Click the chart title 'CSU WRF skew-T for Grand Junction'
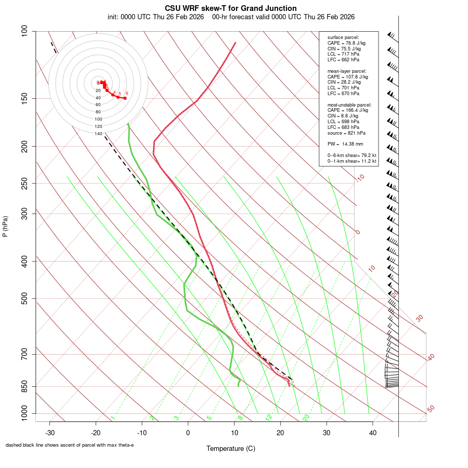click(231, 8)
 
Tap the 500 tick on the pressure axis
click(24, 298)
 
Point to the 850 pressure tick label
click(24, 386)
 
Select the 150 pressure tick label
click(24, 98)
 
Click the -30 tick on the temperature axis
click(50, 433)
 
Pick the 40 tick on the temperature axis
click(372, 433)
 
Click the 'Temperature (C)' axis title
click(231, 448)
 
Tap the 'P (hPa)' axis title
click(5, 227)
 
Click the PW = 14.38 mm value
click(345, 144)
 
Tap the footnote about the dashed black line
click(70, 445)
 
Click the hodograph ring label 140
click(98, 134)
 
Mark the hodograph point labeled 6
click(125, 98)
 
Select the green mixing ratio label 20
click(306, 418)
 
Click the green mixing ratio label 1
click(112, 418)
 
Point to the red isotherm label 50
click(431, 409)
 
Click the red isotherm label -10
click(359, 178)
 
